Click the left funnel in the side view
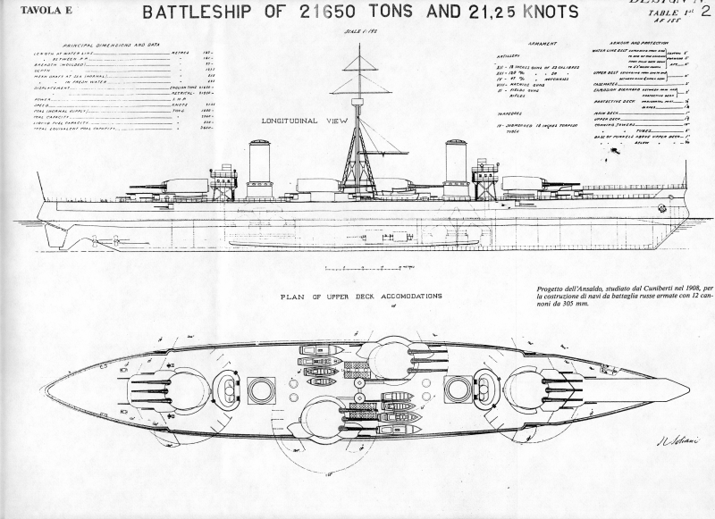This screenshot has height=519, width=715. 260,167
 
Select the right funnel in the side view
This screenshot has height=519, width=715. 457,167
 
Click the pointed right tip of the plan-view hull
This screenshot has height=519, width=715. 687,389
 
